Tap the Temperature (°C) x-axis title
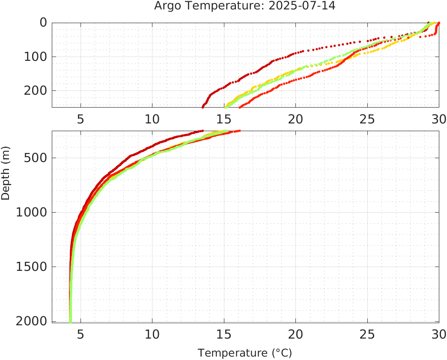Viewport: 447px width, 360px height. coord(245,353)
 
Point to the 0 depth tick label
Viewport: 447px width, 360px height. coord(43,23)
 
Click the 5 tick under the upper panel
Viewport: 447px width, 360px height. coord(80,119)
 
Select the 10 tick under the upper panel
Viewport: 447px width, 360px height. coord(152,119)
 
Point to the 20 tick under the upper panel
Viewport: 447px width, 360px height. coord(295,119)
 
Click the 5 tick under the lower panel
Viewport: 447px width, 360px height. coord(80,334)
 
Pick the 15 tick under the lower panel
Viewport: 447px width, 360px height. coord(223,334)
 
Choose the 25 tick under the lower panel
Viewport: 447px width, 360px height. coord(367,334)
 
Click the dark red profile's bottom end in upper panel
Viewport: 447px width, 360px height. coord(203,107)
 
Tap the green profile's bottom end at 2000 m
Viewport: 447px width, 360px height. coord(70,321)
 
